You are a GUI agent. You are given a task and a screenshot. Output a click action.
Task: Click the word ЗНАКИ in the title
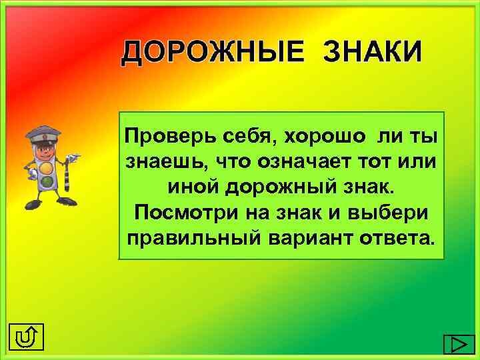pyautogui.click(x=373, y=52)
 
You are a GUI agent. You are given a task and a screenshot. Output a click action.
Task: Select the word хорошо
pyautogui.click(x=326, y=136)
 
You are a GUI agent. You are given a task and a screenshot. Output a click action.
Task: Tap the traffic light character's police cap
pyautogui.click(x=45, y=130)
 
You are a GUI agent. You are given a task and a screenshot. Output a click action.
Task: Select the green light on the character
pyautogui.click(x=46, y=180)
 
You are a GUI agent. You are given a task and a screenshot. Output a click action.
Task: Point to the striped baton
pyautogui.click(x=69, y=177)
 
